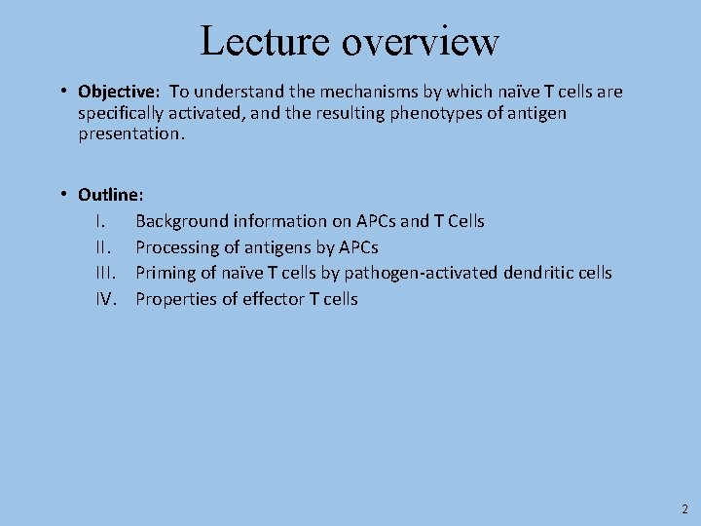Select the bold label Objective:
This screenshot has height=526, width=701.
(118, 93)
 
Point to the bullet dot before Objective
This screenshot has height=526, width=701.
(61, 92)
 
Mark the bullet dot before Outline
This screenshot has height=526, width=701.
(61, 194)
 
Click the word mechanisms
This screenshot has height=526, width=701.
(355, 93)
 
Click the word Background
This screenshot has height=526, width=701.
(182, 221)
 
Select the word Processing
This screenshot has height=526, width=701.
(177, 247)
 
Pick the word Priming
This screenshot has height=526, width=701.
(166, 273)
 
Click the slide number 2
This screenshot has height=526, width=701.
(683, 508)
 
